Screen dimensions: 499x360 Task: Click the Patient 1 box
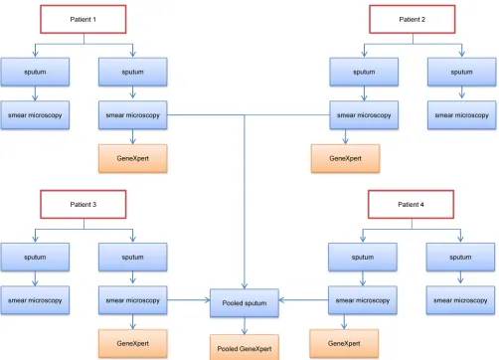83,19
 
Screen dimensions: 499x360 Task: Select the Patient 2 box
413,19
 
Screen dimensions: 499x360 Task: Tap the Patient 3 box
83,204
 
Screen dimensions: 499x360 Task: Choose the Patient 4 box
411,204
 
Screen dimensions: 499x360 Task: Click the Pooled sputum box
245,303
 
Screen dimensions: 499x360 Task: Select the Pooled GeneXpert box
245,347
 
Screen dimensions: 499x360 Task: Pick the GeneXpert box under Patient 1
133,158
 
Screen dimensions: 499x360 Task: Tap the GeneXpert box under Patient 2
345,158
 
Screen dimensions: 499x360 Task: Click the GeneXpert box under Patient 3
133,343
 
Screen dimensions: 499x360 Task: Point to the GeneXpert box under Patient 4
344,343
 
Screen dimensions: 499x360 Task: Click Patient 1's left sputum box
35,72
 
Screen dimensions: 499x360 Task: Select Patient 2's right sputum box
462,72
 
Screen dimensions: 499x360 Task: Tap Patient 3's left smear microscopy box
35,300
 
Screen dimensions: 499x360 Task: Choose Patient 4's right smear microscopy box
460,300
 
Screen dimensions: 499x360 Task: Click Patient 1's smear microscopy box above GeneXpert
133,115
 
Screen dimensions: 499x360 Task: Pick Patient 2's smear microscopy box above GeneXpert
364,115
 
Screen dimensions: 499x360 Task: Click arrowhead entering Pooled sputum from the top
245,286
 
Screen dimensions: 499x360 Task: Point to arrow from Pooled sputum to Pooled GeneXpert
245,326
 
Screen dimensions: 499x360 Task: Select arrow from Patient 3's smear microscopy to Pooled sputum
189,300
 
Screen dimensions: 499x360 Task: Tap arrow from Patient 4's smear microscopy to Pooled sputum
303,300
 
